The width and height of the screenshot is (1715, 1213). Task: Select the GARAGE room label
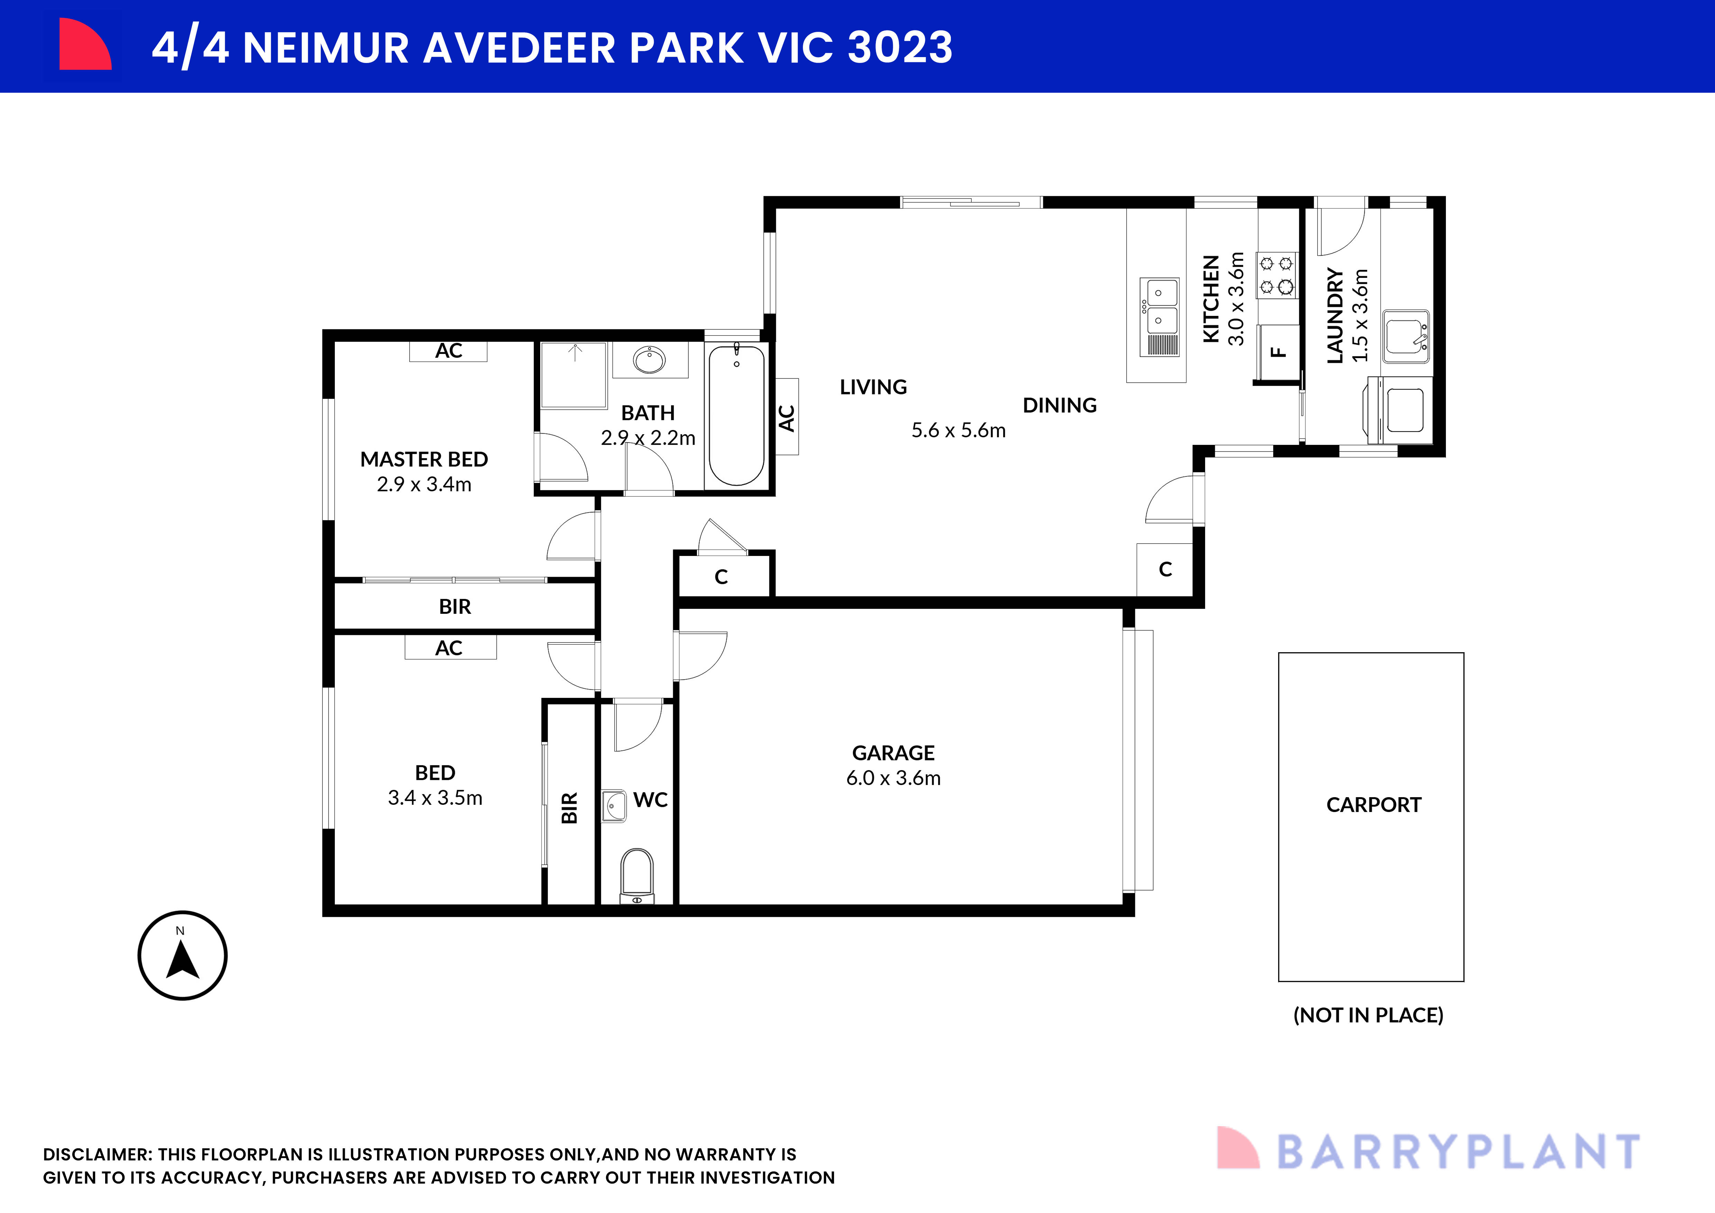(893, 753)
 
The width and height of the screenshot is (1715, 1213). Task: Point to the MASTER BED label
(423, 459)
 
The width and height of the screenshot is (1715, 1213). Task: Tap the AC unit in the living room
(787, 417)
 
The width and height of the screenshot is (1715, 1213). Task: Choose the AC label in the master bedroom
(448, 351)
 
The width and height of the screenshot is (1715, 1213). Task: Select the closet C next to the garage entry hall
(721, 577)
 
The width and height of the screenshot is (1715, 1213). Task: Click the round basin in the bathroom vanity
(649, 360)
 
